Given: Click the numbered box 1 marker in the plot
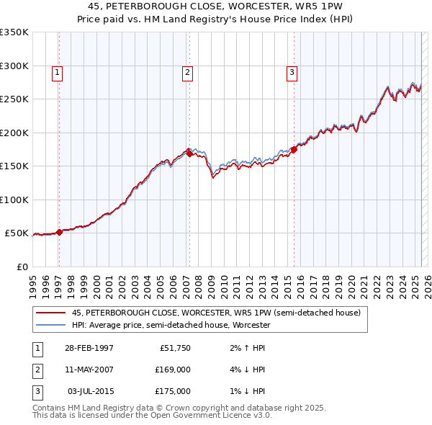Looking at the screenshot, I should (x=57, y=71).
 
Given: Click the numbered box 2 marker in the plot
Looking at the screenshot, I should (x=187, y=71).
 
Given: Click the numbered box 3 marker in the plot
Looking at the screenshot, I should (x=292, y=71).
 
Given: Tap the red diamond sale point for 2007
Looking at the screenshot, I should (x=189, y=153).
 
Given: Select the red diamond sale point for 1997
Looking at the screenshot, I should (x=59, y=231).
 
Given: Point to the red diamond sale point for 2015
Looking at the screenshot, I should (x=294, y=150).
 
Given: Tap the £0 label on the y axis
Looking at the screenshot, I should (x=22, y=267).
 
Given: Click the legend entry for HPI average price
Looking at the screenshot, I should (x=171, y=325).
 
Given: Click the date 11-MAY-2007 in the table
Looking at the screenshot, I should (x=89, y=370).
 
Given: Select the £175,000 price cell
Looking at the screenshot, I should (x=172, y=391).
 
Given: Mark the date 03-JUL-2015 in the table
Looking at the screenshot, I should (x=91, y=391).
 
